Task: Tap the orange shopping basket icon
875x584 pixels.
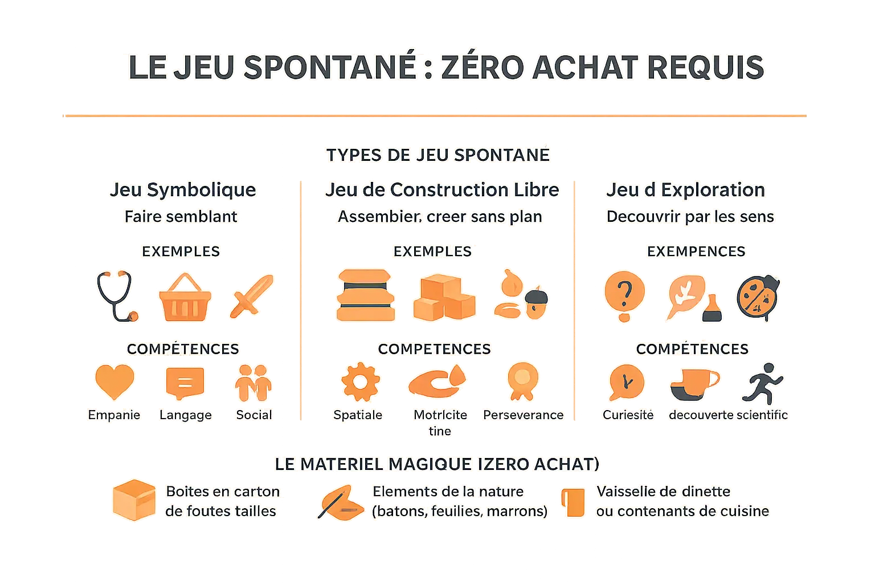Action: tap(185, 298)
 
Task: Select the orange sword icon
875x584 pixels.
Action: tap(251, 297)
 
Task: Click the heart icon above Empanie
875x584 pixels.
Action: tap(114, 382)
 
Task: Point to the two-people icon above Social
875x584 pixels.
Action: tap(253, 382)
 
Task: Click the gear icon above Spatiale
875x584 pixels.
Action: tap(359, 381)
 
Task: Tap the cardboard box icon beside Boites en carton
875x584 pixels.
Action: tap(134, 500)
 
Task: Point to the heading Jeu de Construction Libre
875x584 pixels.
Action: tap(441, 190)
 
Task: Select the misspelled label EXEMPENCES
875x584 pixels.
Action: tap(696, 252)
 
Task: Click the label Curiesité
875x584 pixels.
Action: tap(628, 415)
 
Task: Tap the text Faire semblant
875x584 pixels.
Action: tap(181, 217)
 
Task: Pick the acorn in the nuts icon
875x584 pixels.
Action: tap(535, 302)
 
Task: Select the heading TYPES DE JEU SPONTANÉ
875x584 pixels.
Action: tap(437, 155)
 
